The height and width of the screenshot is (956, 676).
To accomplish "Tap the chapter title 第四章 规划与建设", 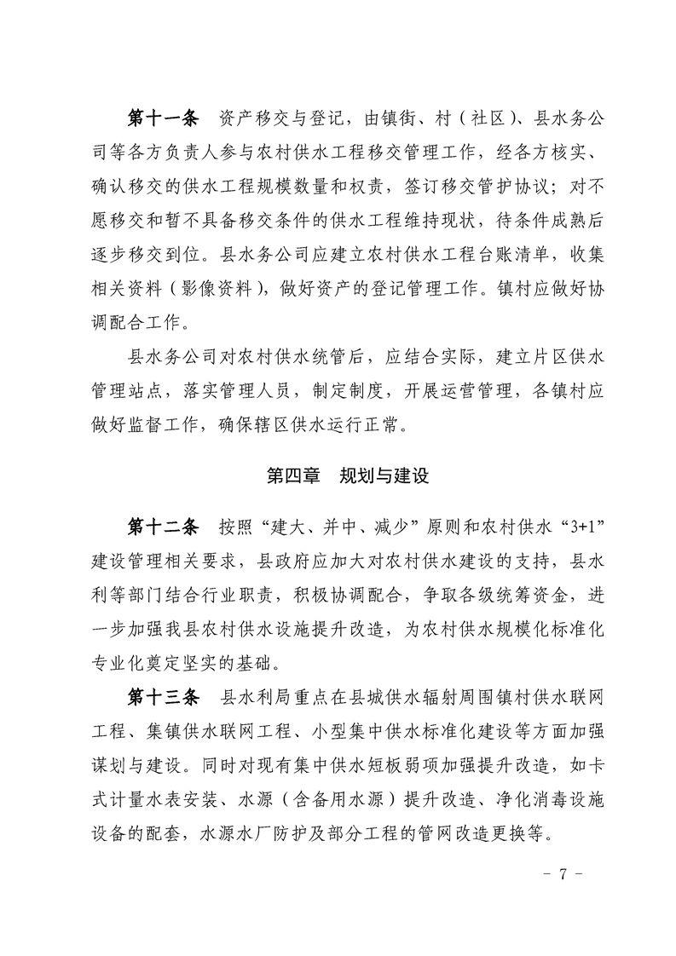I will pyautogui.click(x=347, y=475).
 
